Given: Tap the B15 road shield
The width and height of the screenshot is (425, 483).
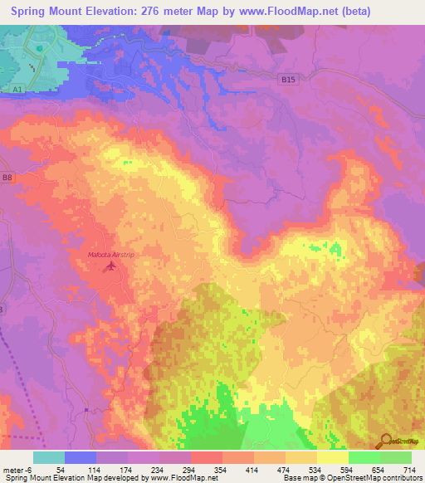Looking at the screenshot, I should click(287, 79).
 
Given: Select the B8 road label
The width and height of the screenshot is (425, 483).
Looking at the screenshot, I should click(7, 178).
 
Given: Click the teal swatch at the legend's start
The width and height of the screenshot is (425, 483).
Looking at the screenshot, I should click(49, 457).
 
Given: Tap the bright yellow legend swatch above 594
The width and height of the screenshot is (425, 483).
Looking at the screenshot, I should click(332, 457).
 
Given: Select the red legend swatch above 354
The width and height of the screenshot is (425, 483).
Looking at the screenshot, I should click(206, 457).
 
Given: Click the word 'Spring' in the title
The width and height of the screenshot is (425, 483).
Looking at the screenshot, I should click(33, 12).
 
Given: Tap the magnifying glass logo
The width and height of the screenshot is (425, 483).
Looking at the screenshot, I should click(384, 441).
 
